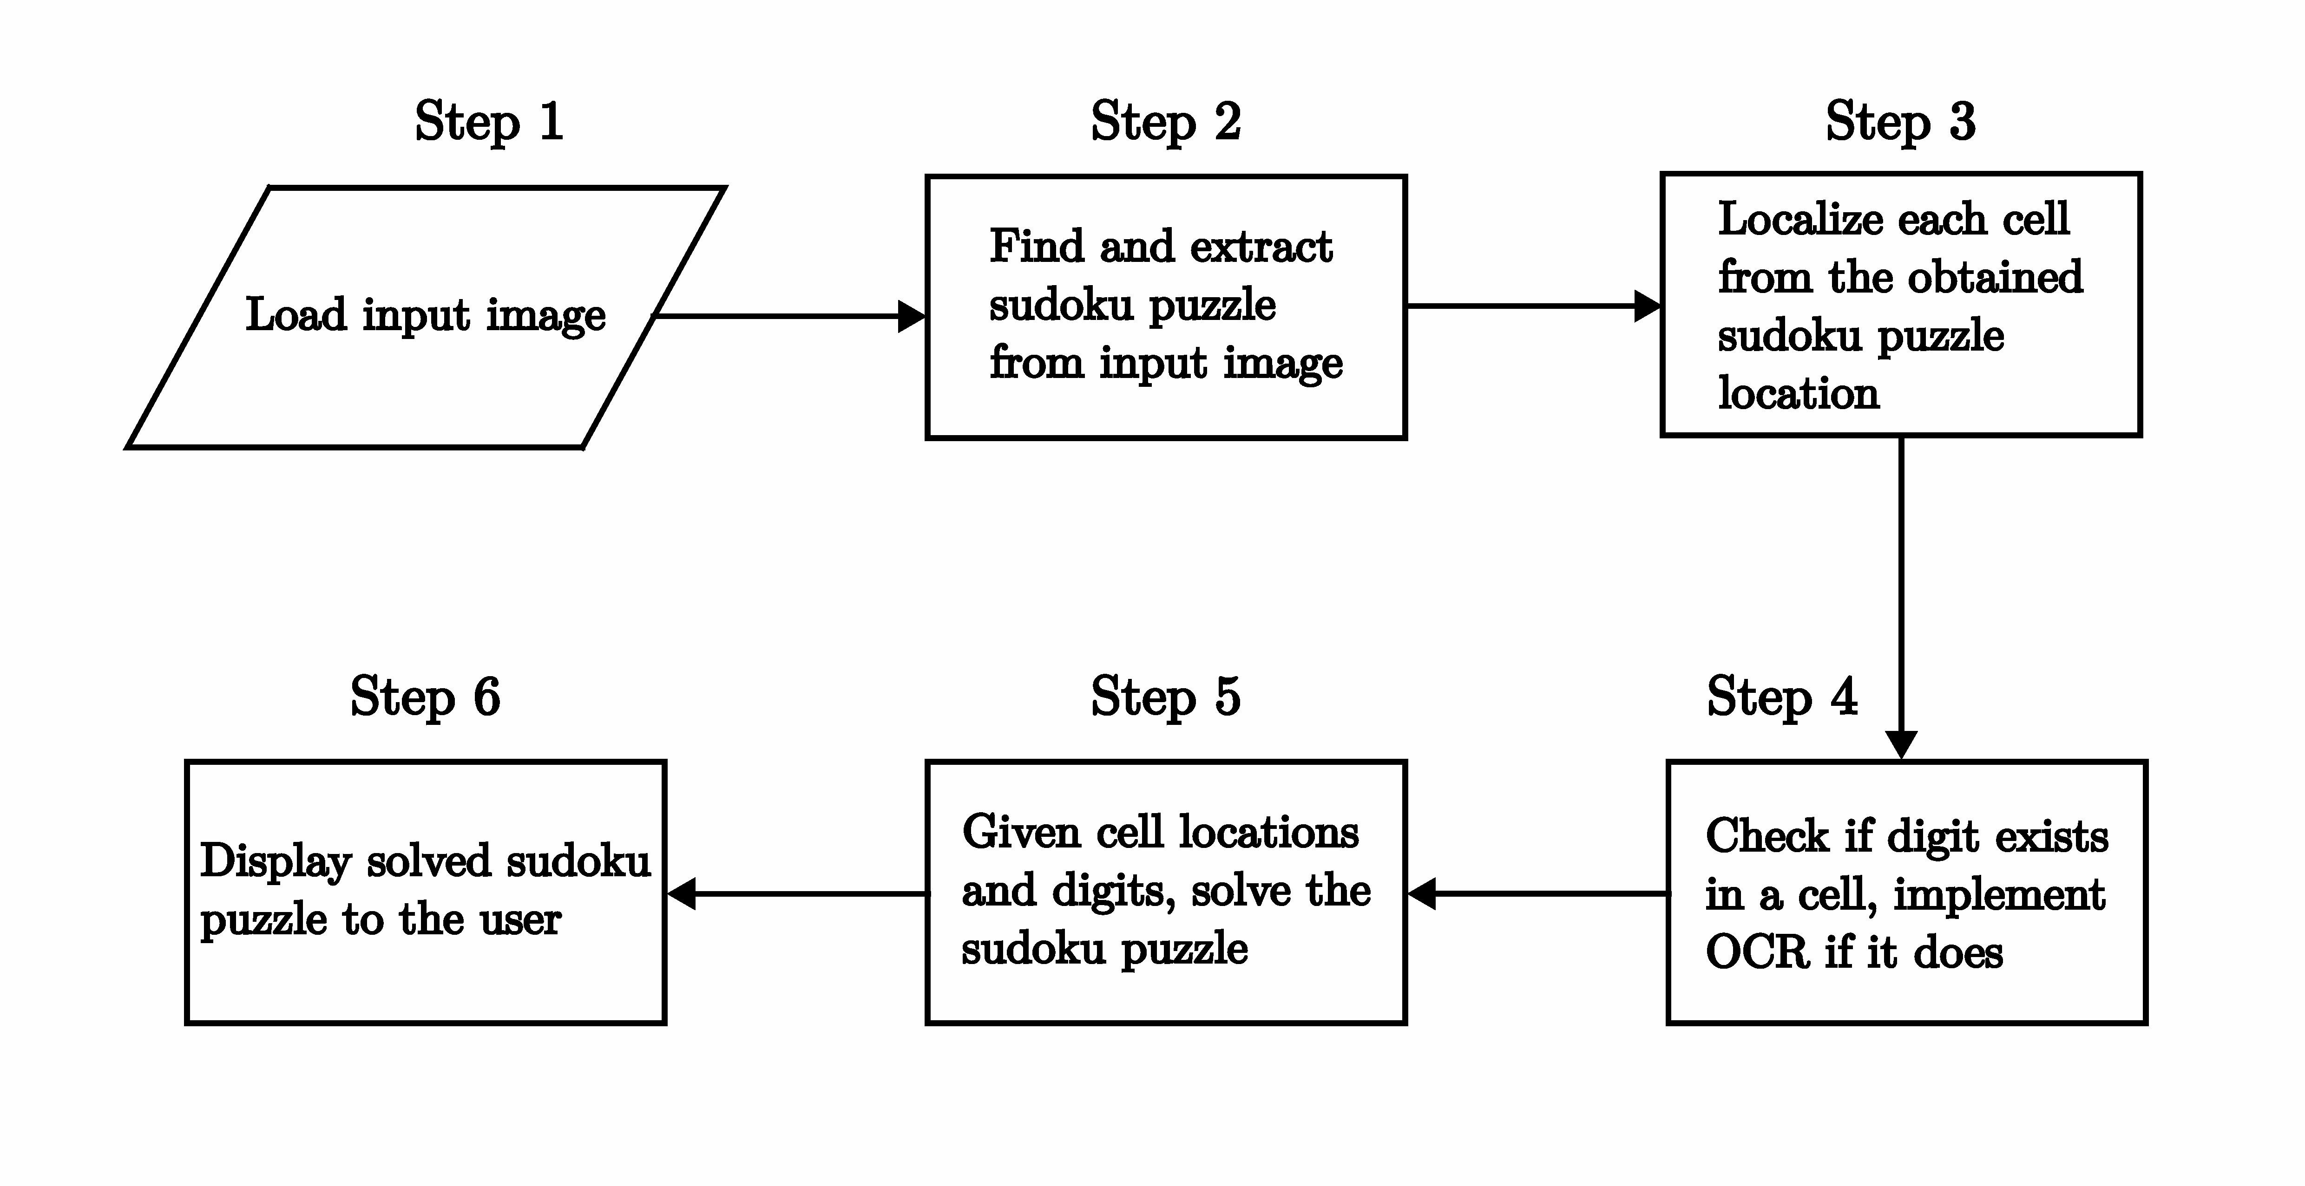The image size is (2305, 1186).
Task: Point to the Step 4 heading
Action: coord(1781,697)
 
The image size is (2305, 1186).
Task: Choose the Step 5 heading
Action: coord(1166,697)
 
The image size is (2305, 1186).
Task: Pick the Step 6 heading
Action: coord(425,697)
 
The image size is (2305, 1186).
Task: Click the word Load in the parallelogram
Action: coord(296,315)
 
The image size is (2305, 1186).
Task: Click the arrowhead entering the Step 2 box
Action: coord(912,316)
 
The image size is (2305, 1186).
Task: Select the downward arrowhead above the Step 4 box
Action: coord(1901,745)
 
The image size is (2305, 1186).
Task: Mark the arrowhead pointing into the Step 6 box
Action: coord(681,893)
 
